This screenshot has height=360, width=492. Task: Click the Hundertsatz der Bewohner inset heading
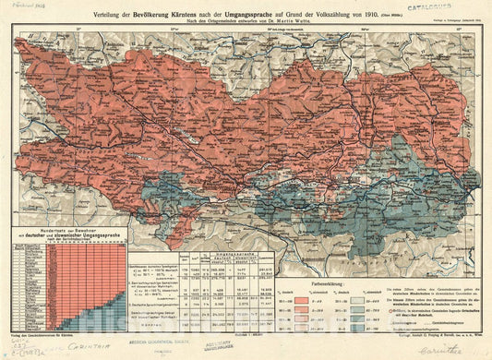pyautogui.click(x=69, y=228)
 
